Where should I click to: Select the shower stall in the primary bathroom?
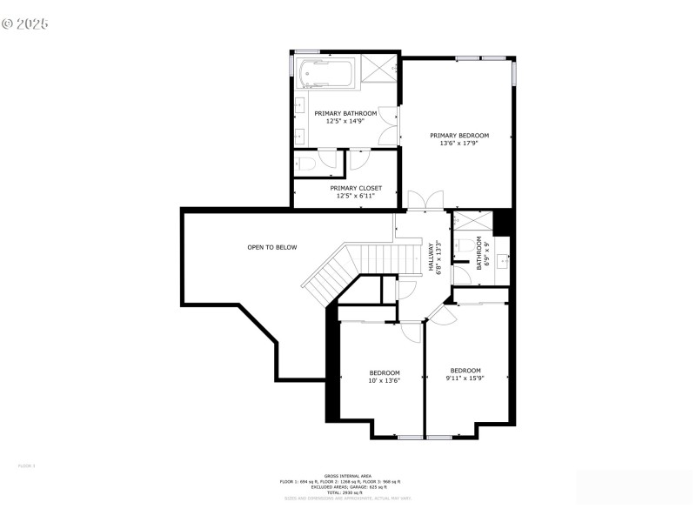click(x=378, y=70)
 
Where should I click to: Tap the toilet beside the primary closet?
click(x=306, y=164)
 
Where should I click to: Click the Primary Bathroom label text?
click(x=345, y=113)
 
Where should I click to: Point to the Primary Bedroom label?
click(x=459, y=135)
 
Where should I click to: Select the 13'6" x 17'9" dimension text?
click(x=459, y=144)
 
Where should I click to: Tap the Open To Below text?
click(x=271, y=247)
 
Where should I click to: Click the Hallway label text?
click(x=431, y=258)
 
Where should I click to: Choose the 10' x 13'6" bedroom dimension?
click(x=384, y=380)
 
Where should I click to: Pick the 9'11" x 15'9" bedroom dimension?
click(x=465, y=378)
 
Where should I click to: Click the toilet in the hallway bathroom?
click(x=466, y=246)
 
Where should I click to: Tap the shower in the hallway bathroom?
click(x=471, y=221)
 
